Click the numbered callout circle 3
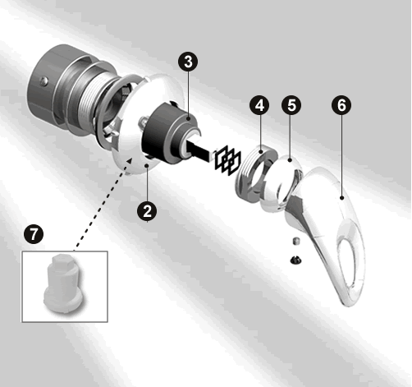188,62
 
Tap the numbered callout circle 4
259,105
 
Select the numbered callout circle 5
291,105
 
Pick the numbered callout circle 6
341,105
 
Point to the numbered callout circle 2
147,211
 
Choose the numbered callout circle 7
34,234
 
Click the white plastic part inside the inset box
63,283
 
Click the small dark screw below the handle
295,260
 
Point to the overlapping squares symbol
227,160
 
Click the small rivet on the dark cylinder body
43,81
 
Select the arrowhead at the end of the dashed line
130,161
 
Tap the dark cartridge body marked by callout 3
170,133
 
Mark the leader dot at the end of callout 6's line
341,197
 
